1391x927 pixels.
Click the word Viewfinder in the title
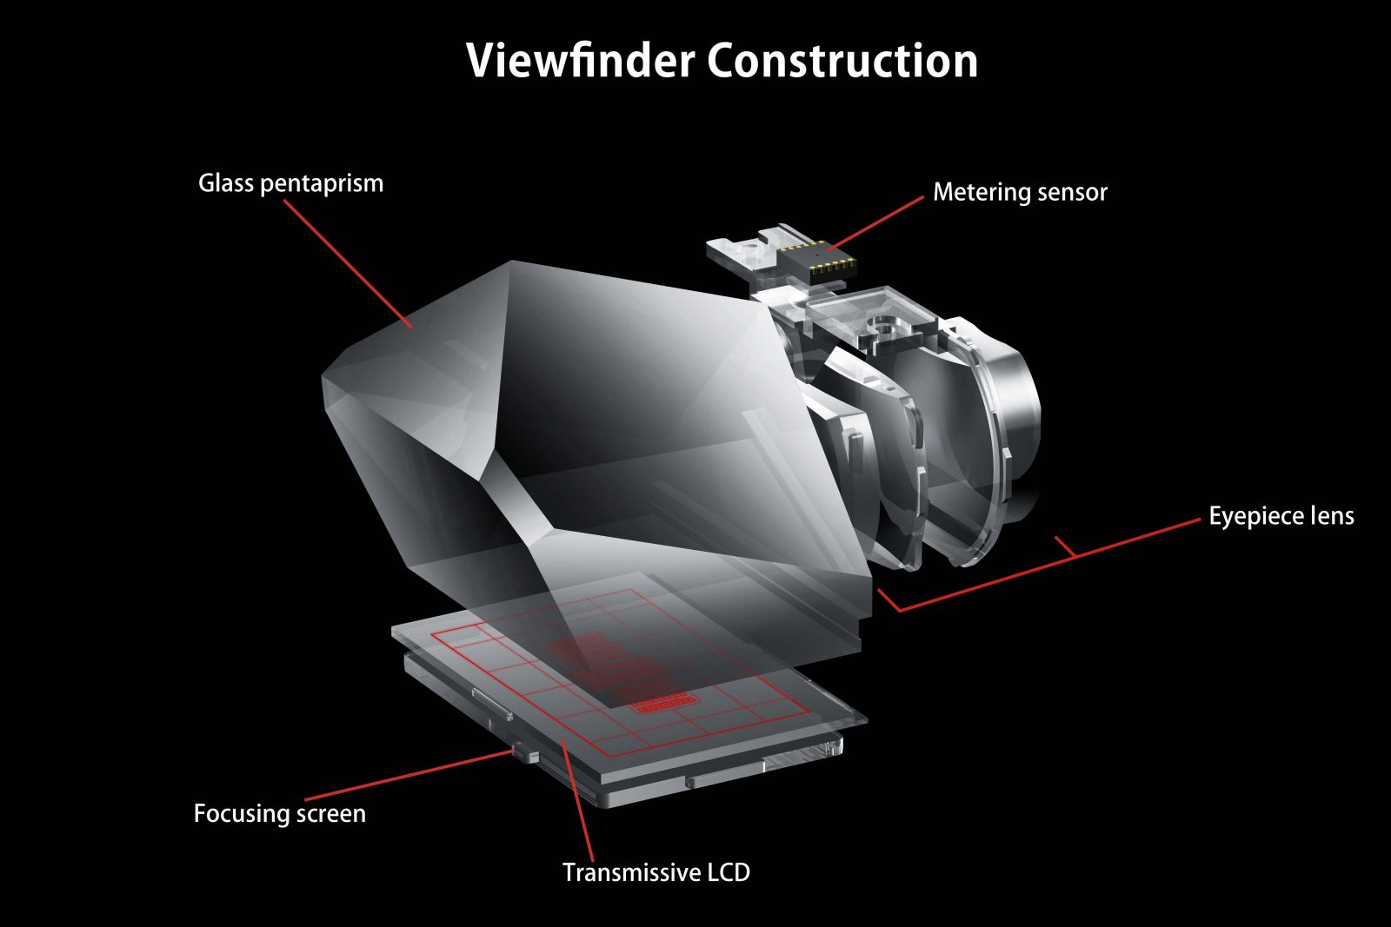(x=580, y=61)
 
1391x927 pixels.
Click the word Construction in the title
(x=842, y=61)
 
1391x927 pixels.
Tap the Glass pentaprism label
(x=290, y=184)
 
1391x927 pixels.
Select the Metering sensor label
(x=1020, y=192)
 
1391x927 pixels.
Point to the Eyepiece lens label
(x=1281, y=516)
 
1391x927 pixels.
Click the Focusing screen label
(x=279, y=814)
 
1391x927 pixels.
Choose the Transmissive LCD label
(x=656, y=872)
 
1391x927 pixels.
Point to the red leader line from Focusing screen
(x=409, y=775)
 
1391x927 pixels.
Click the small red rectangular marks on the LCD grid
(x=662, y=702)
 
